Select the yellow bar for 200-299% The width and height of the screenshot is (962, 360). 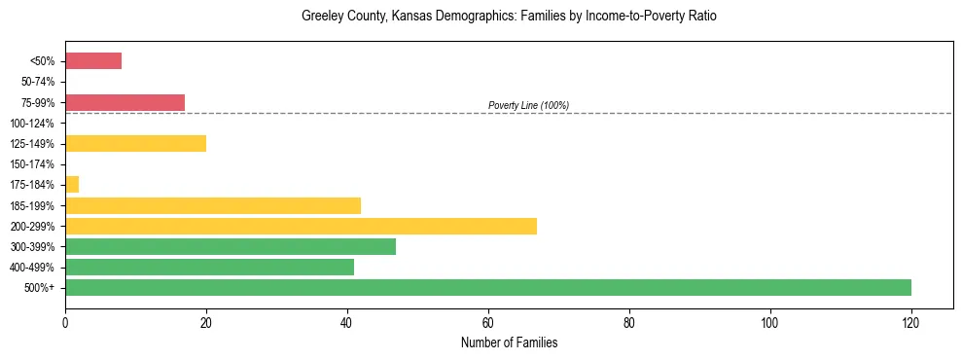tap(301, 226)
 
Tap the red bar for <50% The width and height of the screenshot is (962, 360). tap(93, 61)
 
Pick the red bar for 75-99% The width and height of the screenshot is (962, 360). tap(125, 102)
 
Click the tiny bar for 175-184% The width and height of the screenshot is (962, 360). tap(72, 185)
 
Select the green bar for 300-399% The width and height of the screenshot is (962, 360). tap(231, 246)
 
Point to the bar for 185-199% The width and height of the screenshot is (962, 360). tap(213, 205)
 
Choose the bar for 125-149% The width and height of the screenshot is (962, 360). tap(135, 144)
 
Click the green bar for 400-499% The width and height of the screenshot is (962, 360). tap(209, 267)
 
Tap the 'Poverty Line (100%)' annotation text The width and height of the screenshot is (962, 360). tap(528, 105)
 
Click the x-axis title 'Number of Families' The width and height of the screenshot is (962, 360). tap(509, 343)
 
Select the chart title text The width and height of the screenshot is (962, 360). tap(509, 18)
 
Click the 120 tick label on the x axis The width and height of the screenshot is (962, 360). tap(911, 322)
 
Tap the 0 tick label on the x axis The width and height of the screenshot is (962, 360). tap(65, 322)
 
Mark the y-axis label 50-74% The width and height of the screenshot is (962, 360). tap(37, 82)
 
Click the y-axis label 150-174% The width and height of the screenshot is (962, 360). tap(35, 164)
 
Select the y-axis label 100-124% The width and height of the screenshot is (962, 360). tap(35, 124)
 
